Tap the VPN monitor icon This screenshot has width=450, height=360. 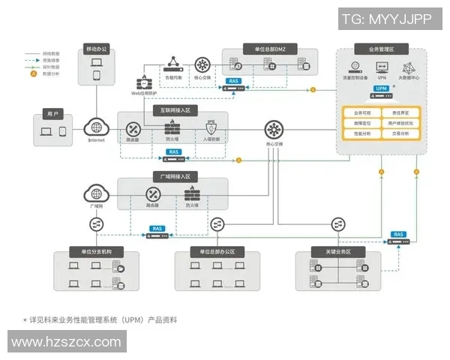point(382,64)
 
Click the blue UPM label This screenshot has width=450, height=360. point(381,88)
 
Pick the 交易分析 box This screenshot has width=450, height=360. point(400,133)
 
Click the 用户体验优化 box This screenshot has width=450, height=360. point(400,122)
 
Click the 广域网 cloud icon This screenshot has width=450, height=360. point(96,194)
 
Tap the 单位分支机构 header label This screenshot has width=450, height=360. point(91,251)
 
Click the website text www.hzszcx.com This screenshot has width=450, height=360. point(67,342)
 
